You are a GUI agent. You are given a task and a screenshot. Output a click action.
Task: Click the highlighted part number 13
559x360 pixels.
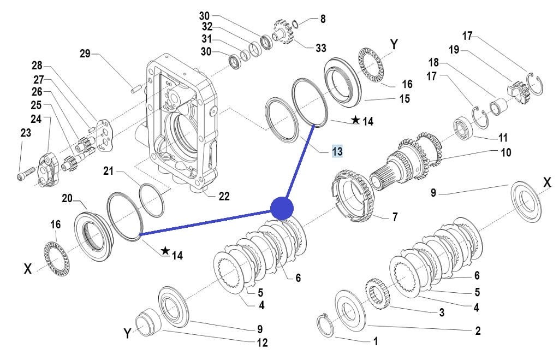(337, 151)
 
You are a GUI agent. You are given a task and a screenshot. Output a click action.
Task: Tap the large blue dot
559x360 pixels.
(282, 208)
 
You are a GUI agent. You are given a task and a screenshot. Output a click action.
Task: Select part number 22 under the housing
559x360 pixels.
(224, 196)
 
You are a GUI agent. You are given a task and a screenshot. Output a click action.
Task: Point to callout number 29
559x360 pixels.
(85, 54)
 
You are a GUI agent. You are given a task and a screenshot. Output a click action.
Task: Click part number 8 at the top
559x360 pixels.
(323, 19)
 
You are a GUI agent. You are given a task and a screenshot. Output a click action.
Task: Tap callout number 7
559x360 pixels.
(394, 217)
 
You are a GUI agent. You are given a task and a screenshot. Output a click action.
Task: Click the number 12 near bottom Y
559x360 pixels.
(262, 343)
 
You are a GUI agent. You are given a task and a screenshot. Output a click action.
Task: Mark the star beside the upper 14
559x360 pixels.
(355, 120)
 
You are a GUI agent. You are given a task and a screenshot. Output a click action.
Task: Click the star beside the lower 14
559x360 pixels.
(165, 251)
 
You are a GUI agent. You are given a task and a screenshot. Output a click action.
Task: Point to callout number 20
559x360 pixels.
(67, 198)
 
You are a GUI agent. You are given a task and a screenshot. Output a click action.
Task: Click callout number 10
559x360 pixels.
(506, 152)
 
